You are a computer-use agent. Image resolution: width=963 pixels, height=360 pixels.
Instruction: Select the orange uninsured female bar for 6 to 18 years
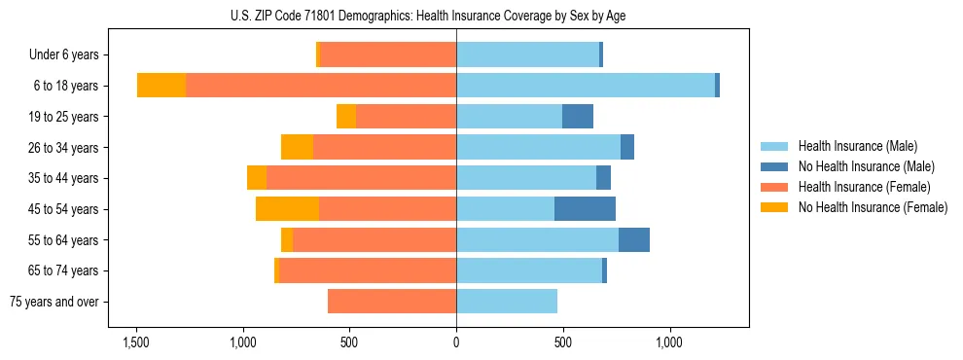(161, 86)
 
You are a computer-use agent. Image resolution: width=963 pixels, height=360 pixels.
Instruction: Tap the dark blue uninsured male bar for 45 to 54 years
(585, 209)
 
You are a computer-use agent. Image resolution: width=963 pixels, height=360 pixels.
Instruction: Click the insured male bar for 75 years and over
(507, 302)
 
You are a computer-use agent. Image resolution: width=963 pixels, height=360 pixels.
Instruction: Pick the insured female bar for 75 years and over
(392, 302)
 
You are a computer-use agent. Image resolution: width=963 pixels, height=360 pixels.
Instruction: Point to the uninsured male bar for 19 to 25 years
(578, 117)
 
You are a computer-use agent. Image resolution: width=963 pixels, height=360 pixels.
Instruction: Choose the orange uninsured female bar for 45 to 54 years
(287, 209)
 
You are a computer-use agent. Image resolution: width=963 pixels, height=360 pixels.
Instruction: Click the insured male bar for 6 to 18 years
(586, 86)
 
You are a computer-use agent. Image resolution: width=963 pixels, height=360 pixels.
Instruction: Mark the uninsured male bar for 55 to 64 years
(634, 240)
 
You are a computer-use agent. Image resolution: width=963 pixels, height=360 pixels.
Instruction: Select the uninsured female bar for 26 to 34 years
(297, 147)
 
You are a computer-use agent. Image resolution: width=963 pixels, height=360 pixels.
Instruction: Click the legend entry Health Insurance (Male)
(857, 146)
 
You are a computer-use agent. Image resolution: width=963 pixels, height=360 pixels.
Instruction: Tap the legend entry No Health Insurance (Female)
(873, 207)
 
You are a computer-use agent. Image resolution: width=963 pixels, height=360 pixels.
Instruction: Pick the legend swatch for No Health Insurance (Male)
(774, 166)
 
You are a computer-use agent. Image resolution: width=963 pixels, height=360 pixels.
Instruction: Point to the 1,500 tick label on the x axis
(135, 343)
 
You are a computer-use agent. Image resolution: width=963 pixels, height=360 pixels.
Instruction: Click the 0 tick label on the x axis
(456, 343)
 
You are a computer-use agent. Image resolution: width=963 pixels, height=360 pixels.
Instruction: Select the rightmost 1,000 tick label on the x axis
(669, 343)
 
